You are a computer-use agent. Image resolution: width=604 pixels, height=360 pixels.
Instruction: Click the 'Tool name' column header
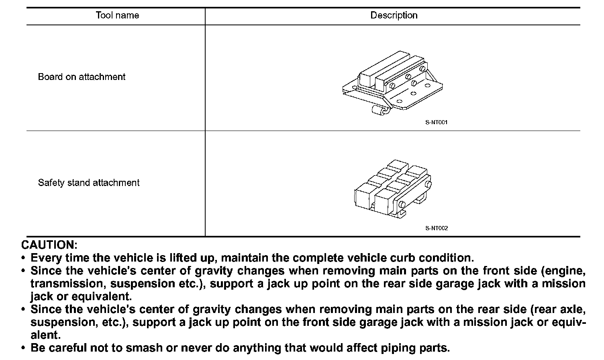pos(117,16)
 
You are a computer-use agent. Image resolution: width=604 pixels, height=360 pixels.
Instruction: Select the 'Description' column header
pos(394,16)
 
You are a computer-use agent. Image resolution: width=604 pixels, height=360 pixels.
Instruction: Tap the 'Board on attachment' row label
pos(82,77)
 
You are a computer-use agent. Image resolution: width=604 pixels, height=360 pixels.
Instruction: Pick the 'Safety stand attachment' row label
pos(88,183)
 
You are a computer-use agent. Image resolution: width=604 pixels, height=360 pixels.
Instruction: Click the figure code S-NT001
pos(436,122)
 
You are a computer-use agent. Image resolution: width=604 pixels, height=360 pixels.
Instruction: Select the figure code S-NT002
pos(436,228)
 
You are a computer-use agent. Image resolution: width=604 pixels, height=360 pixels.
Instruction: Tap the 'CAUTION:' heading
pos(49,245)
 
